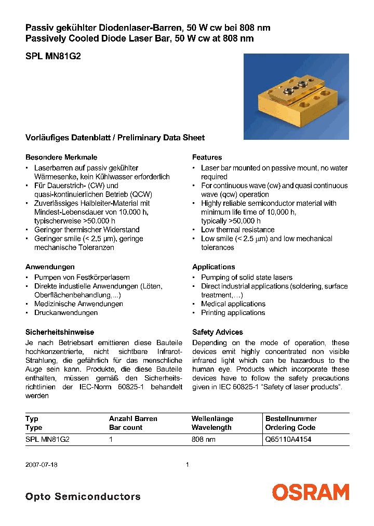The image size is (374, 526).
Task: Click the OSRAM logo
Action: (x=311, y=492)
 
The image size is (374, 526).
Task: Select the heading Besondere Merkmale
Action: (x=61, y=157)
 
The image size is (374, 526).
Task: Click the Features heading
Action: (x=207, y=157)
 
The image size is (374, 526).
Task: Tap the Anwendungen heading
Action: (x=50, y=267)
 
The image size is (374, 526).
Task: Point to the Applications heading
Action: (x=213, y=267)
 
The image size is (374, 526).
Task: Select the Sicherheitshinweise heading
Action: (x=60, y=332)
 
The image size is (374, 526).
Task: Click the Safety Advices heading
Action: (x=217, y=332)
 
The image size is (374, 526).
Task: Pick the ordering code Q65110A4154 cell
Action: (x=288, y=439)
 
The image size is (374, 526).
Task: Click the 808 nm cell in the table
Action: (x=203, y=439)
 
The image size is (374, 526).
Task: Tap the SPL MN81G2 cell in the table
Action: (x=47, y=439)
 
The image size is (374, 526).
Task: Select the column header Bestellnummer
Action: (x=291, y=418)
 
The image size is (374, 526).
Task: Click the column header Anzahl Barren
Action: (x=133, y=418)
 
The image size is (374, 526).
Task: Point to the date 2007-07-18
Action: (x=42, y=465)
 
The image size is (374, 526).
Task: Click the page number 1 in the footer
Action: (x=187, y=465)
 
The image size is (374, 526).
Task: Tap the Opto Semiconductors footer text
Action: (x=83, y=496)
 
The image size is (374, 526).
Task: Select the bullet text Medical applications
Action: (x=233, y=304)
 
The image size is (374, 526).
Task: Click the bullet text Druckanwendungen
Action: (x=66, y=312)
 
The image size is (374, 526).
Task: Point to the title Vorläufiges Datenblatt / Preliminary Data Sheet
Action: (x=115, y=138)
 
